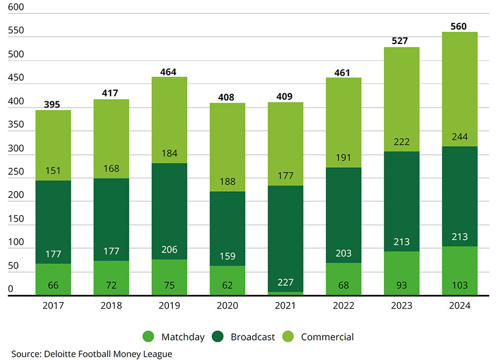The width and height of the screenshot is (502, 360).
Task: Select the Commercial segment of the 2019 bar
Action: click(x=170, y=120)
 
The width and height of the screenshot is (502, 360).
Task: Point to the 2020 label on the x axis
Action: click(x=228, y=306)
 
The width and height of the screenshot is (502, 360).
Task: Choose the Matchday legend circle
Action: click(x=148, y=337)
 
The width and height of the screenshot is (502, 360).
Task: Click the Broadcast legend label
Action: click(x=253, y=337)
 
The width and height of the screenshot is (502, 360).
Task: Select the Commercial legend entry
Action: click(x=327, y=337)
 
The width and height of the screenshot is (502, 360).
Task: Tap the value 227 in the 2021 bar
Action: click(x=286, y=283)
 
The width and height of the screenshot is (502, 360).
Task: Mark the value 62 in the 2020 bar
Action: click(x=228, y=285)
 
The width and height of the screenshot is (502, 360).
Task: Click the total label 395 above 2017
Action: click(x=52, y=104)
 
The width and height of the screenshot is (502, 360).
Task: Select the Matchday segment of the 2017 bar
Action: click(x=53, y=279)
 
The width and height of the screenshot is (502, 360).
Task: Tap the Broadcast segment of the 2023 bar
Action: click(x=402, y=201)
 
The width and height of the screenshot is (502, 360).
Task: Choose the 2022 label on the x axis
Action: click(x=344, y=306)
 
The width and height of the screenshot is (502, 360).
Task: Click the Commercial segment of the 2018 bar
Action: click(x=111, y=139)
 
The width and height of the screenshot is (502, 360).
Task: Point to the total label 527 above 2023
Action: click(x=402, y=41)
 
